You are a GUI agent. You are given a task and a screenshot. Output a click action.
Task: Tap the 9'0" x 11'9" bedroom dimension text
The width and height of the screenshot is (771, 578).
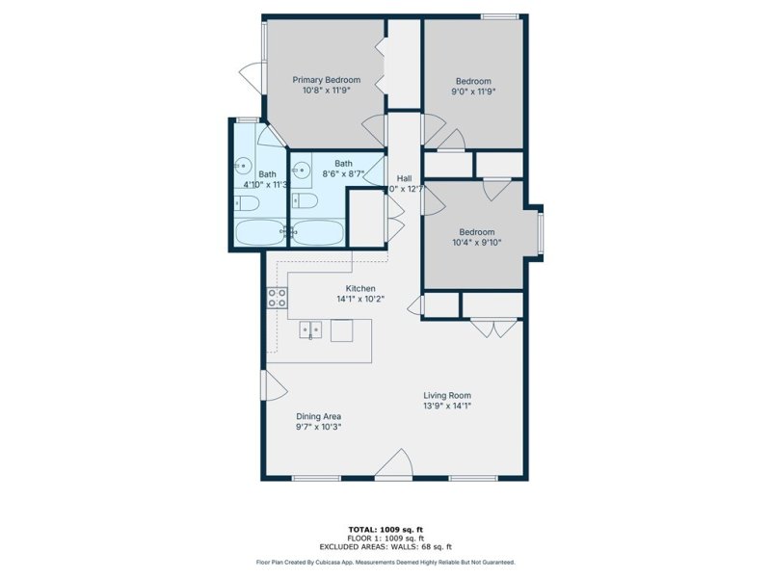[x=473, y=92]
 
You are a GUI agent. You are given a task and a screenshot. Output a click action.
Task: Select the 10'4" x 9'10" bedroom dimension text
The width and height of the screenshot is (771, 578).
[x=476, y=243]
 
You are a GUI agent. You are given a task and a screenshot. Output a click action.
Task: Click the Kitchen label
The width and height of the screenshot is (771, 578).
[x=360, y=288]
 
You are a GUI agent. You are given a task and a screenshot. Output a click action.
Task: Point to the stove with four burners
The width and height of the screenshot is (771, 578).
[x=277, y=297]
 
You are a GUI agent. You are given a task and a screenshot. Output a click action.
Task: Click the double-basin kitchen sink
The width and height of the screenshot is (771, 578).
[x=310, y=330]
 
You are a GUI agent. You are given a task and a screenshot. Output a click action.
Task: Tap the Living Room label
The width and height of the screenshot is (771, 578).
[x=447, y=395]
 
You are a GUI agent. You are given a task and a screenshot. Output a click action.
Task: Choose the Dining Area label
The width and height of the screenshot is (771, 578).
[x=318, y=416]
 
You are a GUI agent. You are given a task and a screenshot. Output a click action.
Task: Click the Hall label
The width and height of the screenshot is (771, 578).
[x=405, y=179]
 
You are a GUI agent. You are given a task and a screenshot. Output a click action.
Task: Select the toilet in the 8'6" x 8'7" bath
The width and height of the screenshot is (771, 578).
[x=306, y=200]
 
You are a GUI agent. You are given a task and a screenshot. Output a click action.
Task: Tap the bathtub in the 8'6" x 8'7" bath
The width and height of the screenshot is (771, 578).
[x=317, y=232]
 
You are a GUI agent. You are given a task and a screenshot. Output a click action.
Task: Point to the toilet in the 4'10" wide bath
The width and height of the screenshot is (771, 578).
[x=243, y=203]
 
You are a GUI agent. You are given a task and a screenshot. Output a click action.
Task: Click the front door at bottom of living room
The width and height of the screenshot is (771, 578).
[x=393, y=467]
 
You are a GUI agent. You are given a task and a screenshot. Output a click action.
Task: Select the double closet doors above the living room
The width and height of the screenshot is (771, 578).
[x=493, y=328]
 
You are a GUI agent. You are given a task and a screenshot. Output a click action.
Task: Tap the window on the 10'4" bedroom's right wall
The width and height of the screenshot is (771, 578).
[x=542, y=232]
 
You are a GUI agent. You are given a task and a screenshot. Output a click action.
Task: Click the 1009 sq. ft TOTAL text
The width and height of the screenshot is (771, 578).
[x=385, y=529]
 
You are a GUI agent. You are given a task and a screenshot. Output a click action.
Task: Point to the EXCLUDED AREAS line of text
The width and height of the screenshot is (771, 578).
[x=385, y=546]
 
